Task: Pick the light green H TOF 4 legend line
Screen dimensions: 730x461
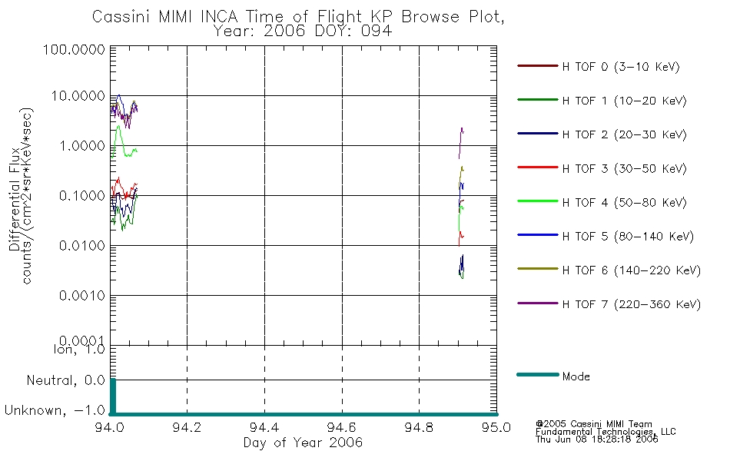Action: [538, 201]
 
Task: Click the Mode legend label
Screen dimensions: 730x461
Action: [576, 376]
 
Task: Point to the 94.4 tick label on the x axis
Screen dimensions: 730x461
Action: [264, 427]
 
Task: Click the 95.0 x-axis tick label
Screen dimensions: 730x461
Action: [496, 427]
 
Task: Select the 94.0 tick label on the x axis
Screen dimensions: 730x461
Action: [110, 427]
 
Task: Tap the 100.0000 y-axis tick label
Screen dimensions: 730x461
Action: [74, 49]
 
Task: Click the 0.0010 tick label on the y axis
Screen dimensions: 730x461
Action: [82, 296]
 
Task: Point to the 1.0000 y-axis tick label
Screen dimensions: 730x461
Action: [82, 146]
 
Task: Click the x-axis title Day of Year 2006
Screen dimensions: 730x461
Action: [303, 443]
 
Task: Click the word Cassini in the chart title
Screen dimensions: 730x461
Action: [122, 17]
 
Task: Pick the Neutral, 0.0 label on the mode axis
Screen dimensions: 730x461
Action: [65, 381]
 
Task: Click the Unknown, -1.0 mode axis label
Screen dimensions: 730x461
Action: [55, 411]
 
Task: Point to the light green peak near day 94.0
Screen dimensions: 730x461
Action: [118, 126]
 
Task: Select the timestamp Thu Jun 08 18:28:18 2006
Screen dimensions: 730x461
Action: [597, 439]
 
